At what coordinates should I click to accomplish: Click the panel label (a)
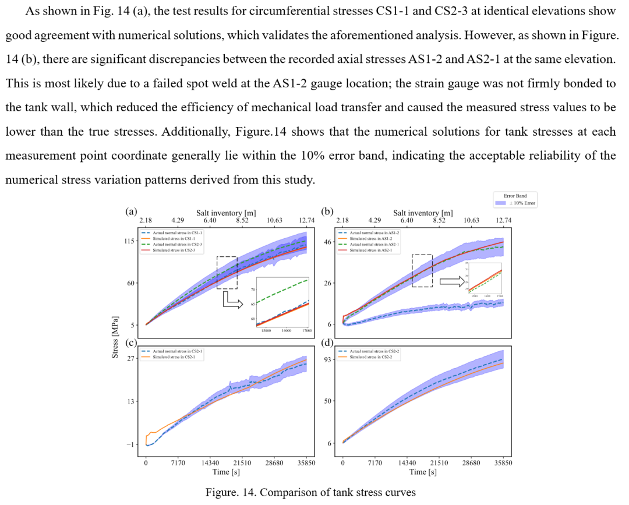click(132, 213)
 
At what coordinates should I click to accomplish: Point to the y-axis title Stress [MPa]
click(115, 337)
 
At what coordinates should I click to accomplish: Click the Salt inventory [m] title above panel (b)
click(423, 214)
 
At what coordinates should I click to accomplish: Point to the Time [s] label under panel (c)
click(226, 472)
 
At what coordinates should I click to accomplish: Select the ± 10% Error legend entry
click(522, 203)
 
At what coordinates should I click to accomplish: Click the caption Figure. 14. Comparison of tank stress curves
click(310, 492)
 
